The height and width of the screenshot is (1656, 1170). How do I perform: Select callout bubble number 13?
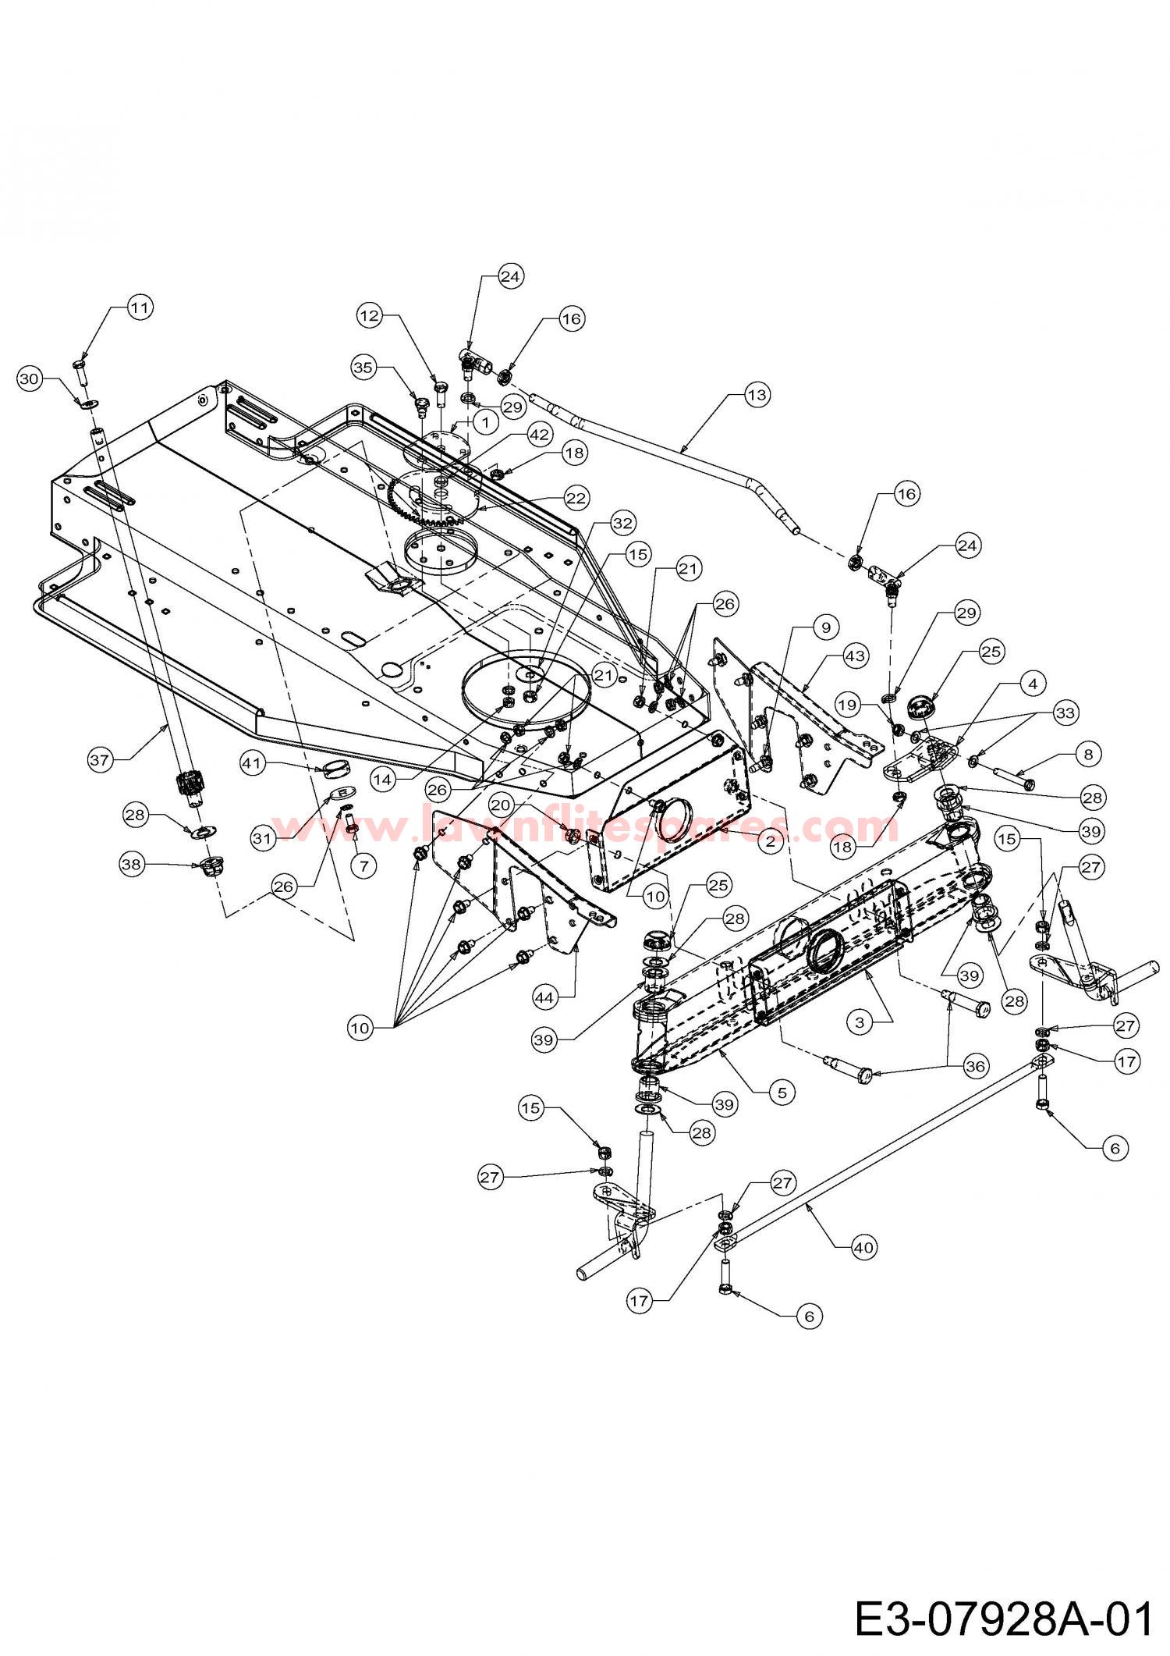pos(756,396)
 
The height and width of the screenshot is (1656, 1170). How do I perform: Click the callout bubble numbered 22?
pos(598,497)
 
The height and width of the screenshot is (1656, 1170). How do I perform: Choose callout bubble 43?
pos(855,656)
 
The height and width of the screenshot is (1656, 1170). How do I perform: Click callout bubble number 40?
pos(863,1248)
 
